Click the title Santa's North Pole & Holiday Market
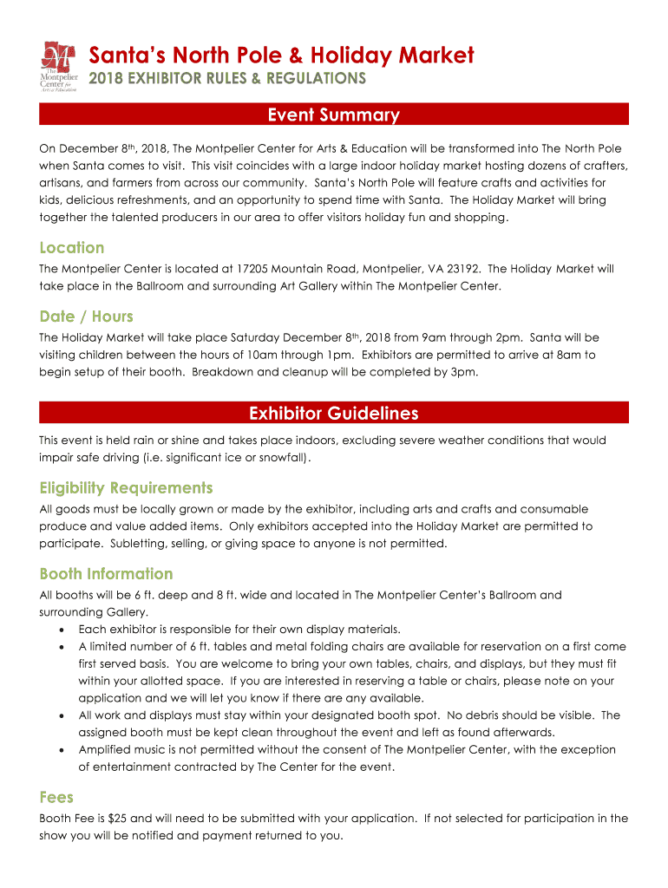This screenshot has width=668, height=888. (x=282, y=56)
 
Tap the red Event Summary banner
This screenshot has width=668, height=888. (x=334, y=114)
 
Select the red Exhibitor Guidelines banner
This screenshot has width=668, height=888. (x=334, y=413)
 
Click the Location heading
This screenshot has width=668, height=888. (x=72, y=247)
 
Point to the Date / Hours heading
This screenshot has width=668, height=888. (x=86, y=317)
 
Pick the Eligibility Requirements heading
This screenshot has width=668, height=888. (x=126, y=487)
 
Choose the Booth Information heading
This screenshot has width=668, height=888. (x=106, y=573)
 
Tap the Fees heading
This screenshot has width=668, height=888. (x=56, y=797)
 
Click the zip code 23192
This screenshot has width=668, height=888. (x=464, y=269)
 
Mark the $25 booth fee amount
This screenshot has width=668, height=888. (x=117, y=819)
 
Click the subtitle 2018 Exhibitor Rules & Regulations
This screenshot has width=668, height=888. (x=227, y=79)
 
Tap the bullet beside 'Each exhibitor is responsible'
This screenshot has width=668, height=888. (x=61, y=630)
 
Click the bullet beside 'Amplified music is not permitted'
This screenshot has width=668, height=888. (x=61, y=750)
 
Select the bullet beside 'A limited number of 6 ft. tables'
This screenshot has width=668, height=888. (x=61, y=647)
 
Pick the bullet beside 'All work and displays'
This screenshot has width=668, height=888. (x=61, y=715)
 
